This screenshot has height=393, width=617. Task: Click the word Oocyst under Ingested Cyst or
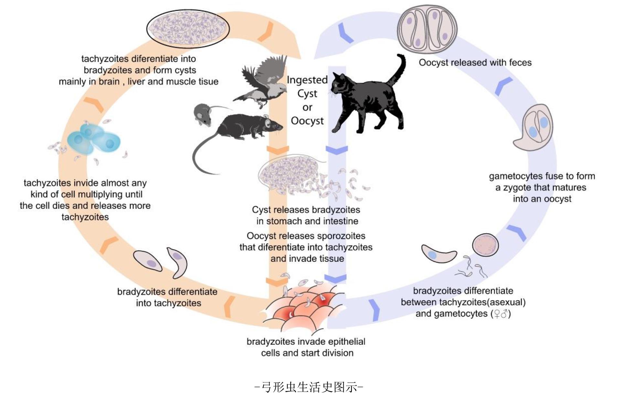[x=307, y=121]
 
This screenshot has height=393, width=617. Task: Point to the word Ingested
[x=307, y=80]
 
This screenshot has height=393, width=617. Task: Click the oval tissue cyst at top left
[x=188, y=28]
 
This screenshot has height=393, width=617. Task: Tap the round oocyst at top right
[x=427, y=28]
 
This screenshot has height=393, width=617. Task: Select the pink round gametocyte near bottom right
[x=485, y=245]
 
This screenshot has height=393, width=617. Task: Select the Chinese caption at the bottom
[x=309, y=387]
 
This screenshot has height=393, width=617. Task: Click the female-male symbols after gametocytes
[x=500, y=314]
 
